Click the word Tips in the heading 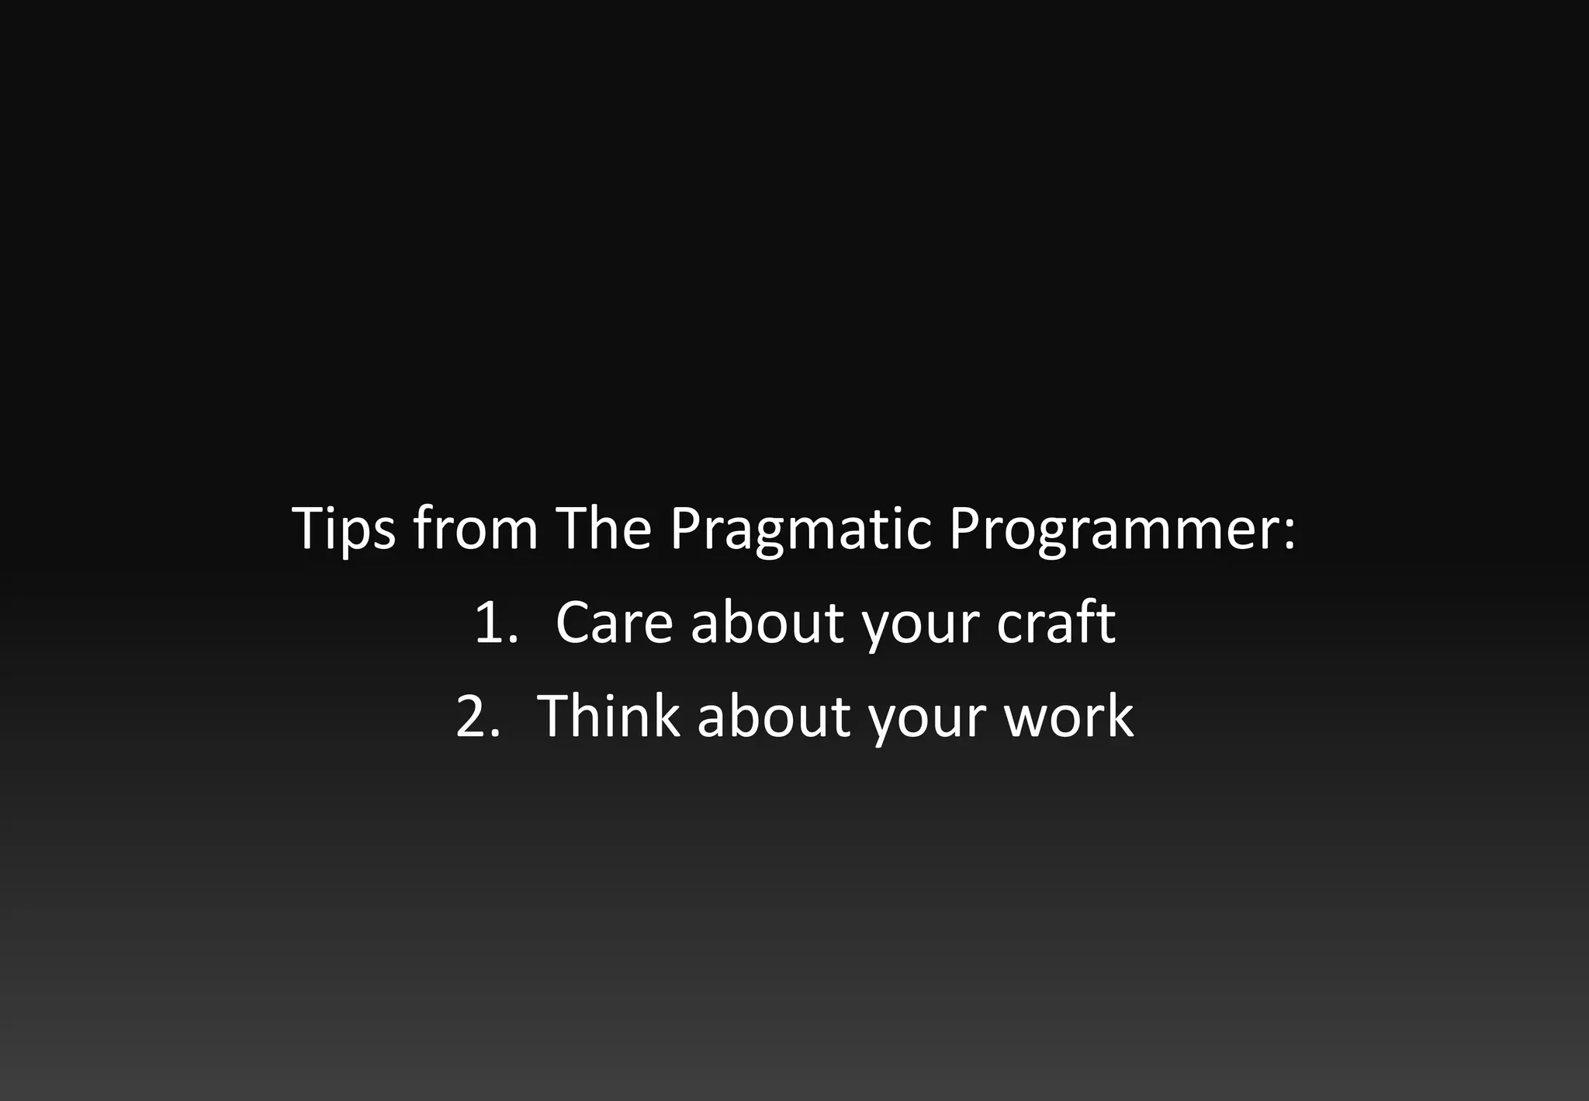point(344,530)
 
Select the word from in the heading point(475,530)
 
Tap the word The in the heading point(604,530)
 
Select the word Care point(614,623)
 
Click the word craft point(1056,623)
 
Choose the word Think point(608,716)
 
